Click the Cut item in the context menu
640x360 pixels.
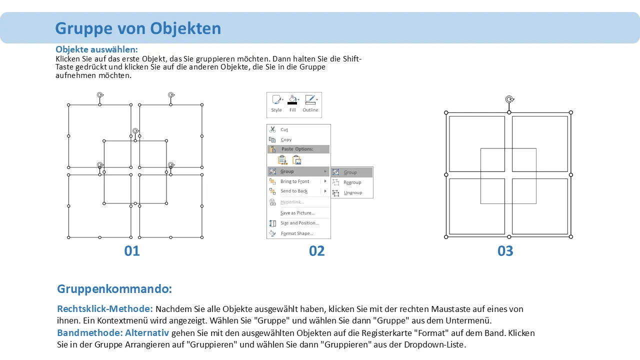[x=284, y=129]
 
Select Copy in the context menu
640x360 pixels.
[x=285, y=139]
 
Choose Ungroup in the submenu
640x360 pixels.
[x=352, y=192]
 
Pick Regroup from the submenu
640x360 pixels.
[x=352, y=182]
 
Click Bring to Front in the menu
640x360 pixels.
[x=294, y=181]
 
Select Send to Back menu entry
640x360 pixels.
[x=293, y=191]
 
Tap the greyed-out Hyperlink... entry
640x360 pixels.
[x=292, y=202]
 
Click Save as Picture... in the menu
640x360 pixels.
[x=297, y=213]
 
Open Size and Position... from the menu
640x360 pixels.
[x=299, y=223]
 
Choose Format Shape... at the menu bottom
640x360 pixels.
[x=297, y=233]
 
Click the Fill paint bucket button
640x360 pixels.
[x=292, y=103]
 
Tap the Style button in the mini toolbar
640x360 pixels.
[x=276, y=103]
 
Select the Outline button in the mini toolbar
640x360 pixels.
[x=310, y=103]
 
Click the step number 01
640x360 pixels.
[x=131, y=251]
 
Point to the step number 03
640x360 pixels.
[x=505, y=251]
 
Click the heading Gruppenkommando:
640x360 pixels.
[x=114, y=289]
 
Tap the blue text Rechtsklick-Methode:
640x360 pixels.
[x=105, y=309]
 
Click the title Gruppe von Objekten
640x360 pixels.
[x=138, y=28]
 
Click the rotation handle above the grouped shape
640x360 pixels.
[x=509, y=99]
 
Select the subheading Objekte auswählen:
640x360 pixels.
[x=96, y=49]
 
